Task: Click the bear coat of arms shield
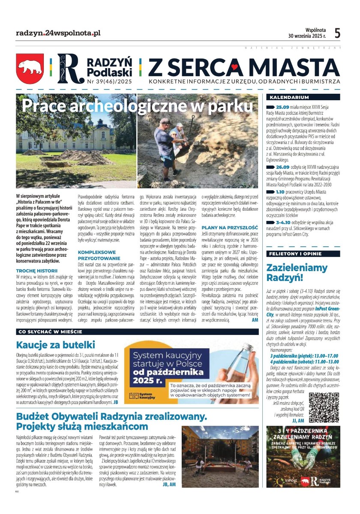tap(30, 68)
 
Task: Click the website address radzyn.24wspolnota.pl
tap(58, 33)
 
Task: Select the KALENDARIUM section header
tap(287, 97)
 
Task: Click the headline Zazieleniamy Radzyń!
tap(297, 273)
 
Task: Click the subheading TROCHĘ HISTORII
tap(36, 271)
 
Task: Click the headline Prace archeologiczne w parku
tap(137, 105)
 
